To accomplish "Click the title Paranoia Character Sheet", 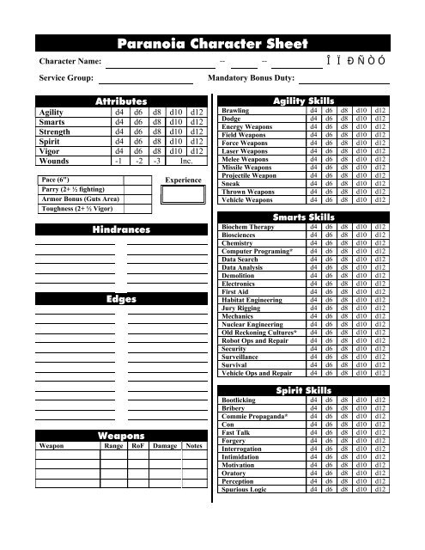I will tap(212, 45).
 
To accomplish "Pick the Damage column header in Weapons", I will tap(164, 447).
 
